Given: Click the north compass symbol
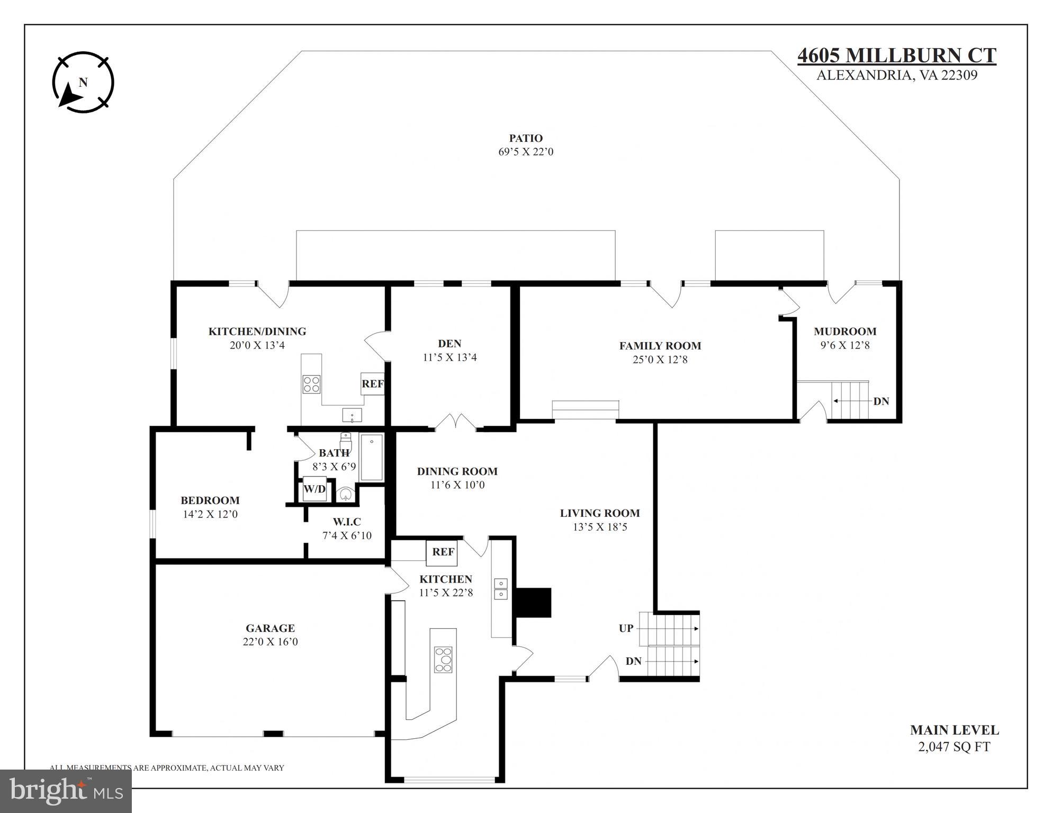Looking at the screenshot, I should tap(83, 83).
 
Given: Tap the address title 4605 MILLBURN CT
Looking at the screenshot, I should tap(896, 56).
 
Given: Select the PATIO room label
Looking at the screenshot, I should tap(525, 138).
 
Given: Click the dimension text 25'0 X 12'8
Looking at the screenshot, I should tap(660, 360).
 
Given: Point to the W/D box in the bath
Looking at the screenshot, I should tap(314, 489).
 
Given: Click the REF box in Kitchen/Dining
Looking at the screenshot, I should tap(373, 384).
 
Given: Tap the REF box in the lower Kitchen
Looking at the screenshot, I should tap(443, 552).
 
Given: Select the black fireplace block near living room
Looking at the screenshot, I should tap(534, 602).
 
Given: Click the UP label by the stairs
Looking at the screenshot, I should tap(626, 628).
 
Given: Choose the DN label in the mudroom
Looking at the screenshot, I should tap(881, 401).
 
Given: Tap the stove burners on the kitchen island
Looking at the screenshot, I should tap(444, 659).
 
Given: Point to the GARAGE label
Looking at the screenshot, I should tap(270, 628).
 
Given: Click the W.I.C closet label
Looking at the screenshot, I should tap(347, 522).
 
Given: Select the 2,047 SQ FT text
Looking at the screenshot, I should tap(954, 747).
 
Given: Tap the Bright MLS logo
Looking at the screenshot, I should tap(66, 791).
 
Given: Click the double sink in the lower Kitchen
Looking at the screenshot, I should tap(500, 588).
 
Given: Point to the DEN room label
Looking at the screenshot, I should tap(449, 343).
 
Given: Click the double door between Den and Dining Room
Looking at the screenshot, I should tap(456, 422).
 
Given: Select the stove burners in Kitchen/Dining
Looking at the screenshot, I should tap(311, 384).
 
